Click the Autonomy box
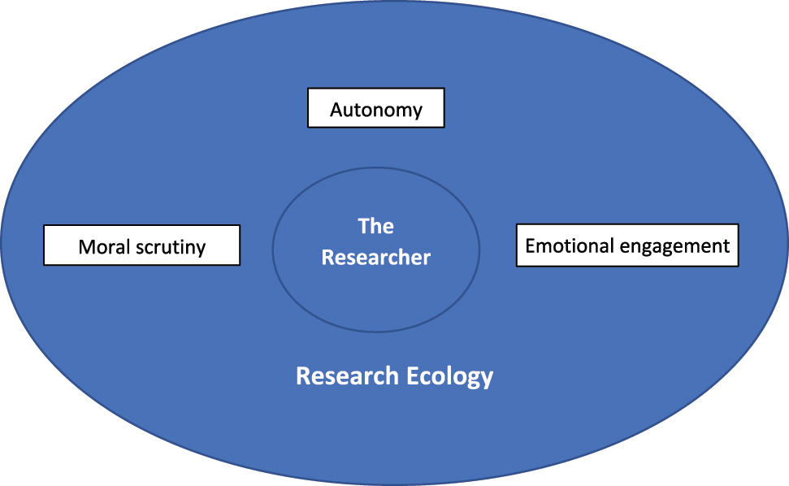[375, 108]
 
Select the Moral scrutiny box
[141, 245]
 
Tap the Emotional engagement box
[627, 245]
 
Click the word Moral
[104, 246]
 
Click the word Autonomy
[376, 110]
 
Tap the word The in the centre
[376, 225]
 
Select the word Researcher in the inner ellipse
[376, 258]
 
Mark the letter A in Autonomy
[336, 109]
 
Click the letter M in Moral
[86, 246]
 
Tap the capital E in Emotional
[531, 245]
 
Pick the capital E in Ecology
[412, 376]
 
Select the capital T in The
[364, 225]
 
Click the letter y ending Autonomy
[418, 112]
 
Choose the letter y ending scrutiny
[201, 249]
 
